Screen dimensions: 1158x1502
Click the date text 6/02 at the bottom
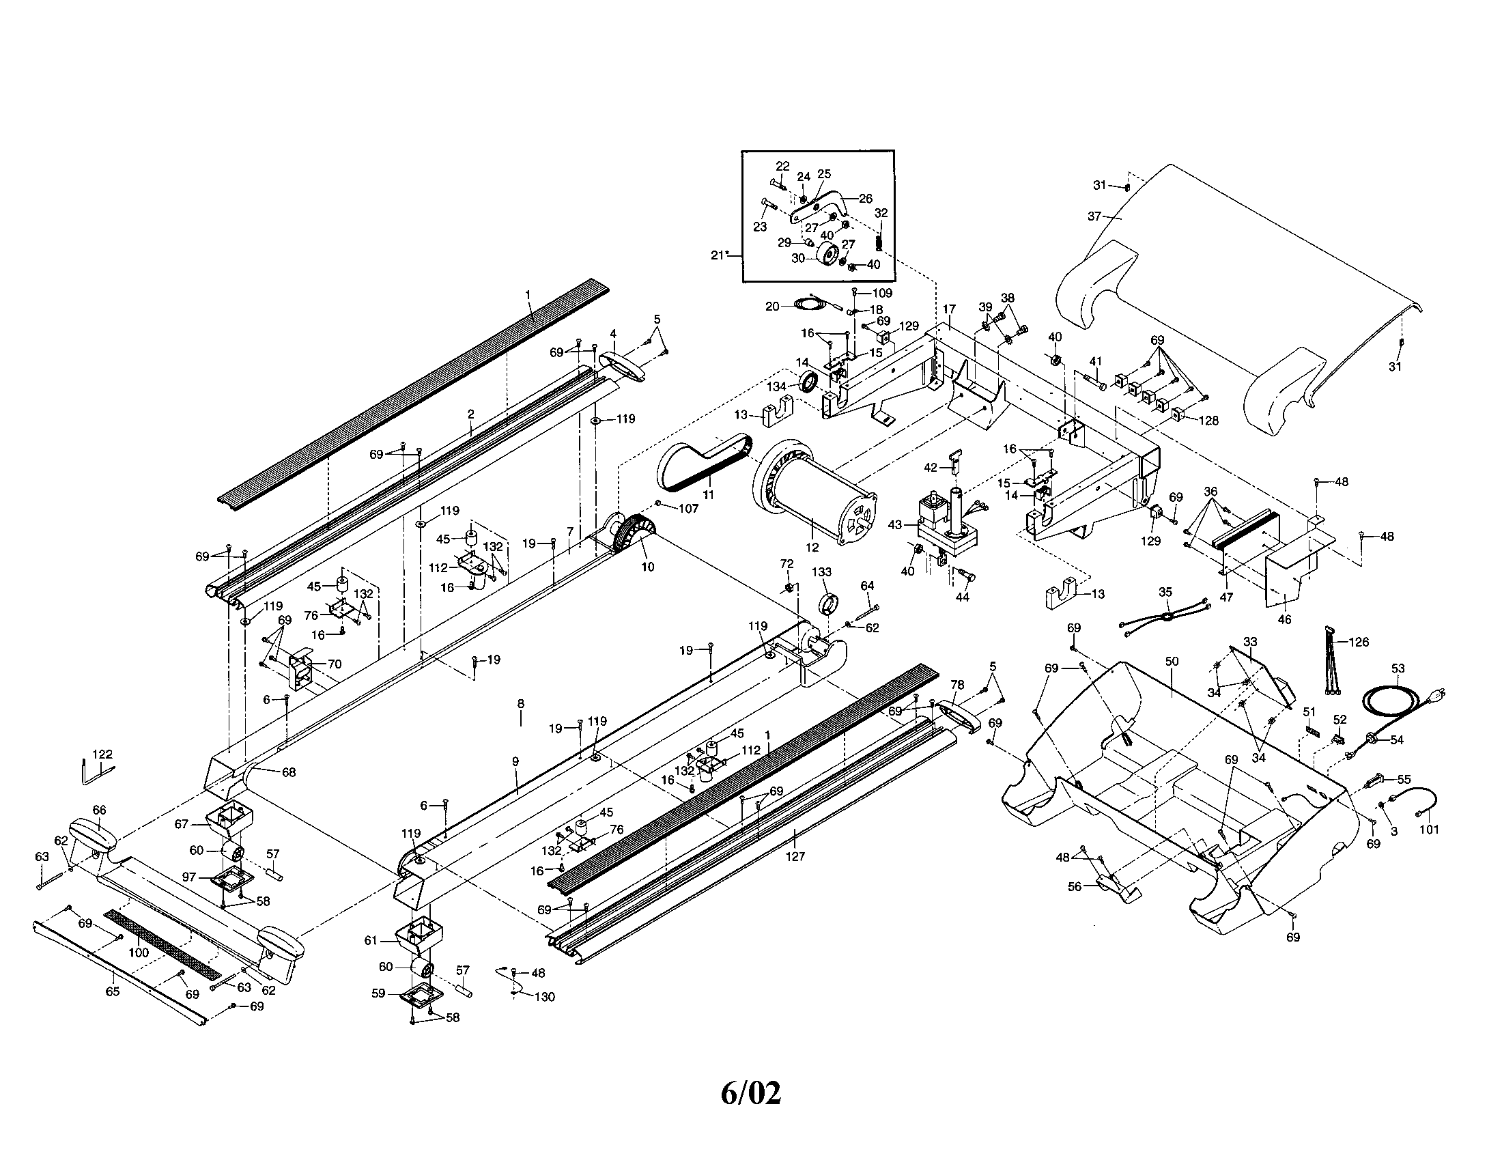tap(751, 1092)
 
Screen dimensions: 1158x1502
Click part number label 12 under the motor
tap(812, 548)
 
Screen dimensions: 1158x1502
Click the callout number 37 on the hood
tap(1094, 216)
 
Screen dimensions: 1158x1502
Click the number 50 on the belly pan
tap(1172, 661)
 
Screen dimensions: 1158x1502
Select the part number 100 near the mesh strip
tap(138, 952)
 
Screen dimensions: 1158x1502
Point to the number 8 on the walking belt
tap(521, 703)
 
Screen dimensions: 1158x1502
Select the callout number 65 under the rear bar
tap(112, 991)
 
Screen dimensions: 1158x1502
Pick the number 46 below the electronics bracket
tap(1284, 619)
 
